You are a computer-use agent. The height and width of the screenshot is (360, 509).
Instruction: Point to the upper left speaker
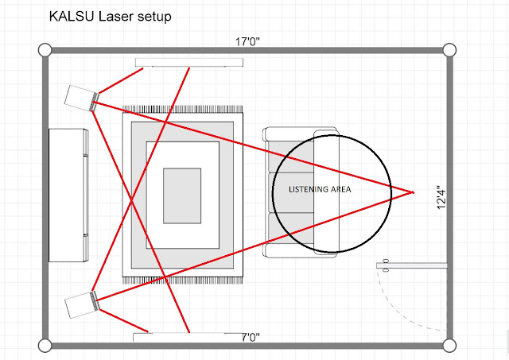pyautogui.click(x=80, y=98)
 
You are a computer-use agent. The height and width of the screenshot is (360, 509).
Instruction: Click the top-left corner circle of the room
pyautogui.click(x=45, y=50)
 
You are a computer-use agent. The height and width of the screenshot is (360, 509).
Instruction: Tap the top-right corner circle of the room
pyautogui.click(x=449, y=50)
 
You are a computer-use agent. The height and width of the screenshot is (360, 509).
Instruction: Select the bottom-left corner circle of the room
pyautogui.click(x=45, y=346)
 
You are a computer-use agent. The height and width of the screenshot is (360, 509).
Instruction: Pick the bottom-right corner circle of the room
pyautogui.click(x=449, y=346)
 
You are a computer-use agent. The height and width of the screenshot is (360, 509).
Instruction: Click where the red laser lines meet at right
pyautogui.click(x=414, y=192)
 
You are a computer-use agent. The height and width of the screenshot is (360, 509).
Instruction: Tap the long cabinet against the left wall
pyautogui.click(x=68, y=195)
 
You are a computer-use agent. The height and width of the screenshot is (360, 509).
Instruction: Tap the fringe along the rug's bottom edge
pyautogui.click(x=182, y=280)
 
